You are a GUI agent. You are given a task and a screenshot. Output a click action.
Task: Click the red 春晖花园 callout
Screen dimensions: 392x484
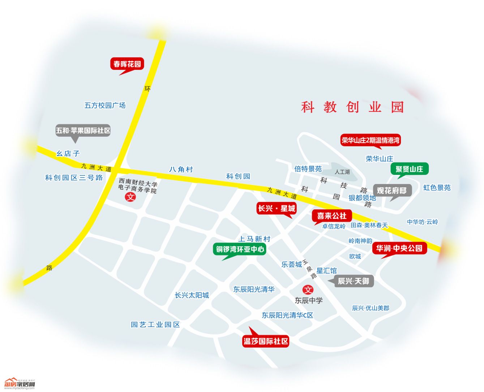[127, 64]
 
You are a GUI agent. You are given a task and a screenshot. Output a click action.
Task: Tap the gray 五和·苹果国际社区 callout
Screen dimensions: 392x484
[83, 130]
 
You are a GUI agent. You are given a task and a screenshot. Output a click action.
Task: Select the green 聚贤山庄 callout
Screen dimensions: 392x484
[409, 169]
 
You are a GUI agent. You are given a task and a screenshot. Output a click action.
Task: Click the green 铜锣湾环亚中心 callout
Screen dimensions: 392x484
[240, 249]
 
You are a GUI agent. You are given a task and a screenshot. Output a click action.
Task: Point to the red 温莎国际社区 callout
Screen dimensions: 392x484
[266, 341]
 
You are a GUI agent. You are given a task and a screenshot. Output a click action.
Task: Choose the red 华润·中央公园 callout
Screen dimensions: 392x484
[399, 248]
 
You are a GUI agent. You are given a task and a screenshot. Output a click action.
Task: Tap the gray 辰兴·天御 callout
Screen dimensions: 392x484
[354, 281]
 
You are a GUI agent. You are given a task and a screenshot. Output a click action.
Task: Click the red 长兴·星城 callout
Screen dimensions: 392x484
[277, 208]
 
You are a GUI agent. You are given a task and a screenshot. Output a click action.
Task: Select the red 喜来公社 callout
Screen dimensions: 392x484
[331, 216]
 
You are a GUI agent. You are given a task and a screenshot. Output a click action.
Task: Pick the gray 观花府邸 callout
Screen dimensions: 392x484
[392, 190]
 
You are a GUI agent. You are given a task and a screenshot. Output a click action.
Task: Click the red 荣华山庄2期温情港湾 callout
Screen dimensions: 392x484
[371, 140]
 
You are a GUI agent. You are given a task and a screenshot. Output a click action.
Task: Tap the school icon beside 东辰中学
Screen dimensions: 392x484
[308, 289]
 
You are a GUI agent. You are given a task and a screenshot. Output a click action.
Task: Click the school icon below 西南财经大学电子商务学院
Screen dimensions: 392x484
[130, 197]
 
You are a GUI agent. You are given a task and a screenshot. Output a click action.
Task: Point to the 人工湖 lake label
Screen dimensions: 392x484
[342, 172]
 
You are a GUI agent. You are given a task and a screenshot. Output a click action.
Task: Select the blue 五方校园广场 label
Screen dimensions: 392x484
[105, 105]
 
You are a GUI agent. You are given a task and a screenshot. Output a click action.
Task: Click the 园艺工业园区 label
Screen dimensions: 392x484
[155, 325]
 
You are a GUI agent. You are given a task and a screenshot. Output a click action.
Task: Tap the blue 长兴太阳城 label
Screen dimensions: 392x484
[192, 295]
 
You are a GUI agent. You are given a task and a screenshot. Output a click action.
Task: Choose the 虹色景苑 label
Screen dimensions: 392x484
[437, 188]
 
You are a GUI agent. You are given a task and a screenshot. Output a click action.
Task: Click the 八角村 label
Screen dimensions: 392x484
[181, 169]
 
